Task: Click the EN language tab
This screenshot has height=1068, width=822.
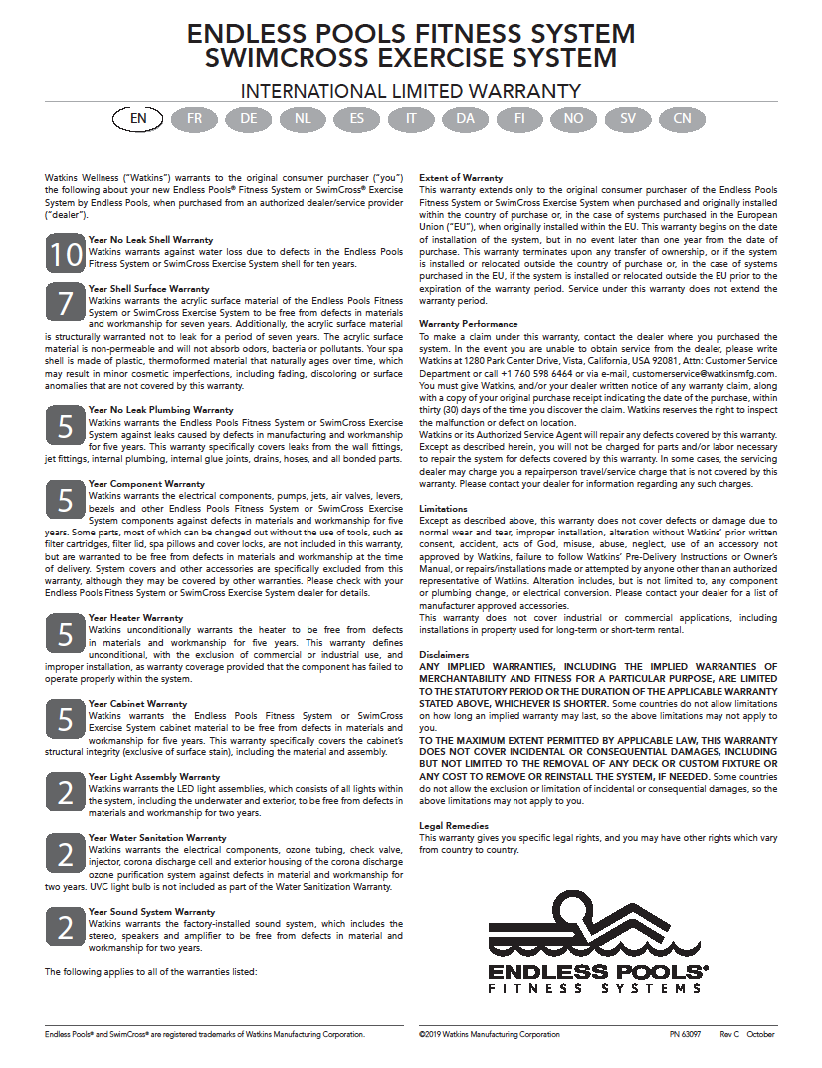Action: (139, 119)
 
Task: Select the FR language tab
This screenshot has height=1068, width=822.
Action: (194, 119)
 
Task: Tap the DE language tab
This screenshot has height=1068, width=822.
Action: (248, 119)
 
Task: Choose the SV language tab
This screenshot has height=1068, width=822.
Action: (628, 119)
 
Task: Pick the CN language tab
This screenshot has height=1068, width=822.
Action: (682, 119)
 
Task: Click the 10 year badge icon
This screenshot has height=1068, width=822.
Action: (65, 254)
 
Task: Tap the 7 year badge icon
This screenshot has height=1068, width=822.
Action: (65, 302)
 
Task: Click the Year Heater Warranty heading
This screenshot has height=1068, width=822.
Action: (135, 618)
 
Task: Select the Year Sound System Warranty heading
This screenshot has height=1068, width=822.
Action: (151, 912)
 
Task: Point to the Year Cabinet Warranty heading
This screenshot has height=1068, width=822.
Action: (137, 704)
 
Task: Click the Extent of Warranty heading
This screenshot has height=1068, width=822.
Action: (461, 178)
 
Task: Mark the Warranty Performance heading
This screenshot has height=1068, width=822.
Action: (469, 324)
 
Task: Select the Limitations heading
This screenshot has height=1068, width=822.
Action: (443, 509)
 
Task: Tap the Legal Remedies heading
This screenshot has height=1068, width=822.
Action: (454, 826)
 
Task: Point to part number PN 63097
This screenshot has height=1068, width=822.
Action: (685, 1035)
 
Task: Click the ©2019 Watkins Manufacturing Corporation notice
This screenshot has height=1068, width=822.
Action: (489, 1035)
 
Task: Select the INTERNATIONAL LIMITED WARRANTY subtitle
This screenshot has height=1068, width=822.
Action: (411, 91)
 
